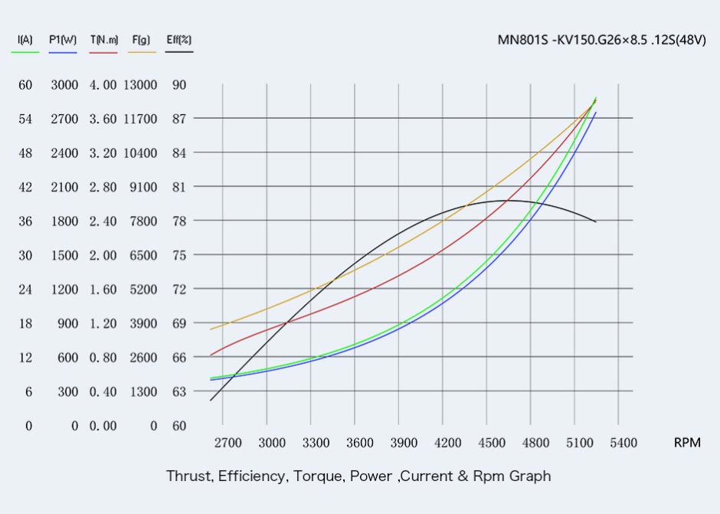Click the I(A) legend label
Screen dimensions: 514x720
(25, 40)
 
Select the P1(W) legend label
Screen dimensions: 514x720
(62, 40)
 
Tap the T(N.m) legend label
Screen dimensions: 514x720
(103, 40)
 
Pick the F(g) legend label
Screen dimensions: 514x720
(141, 40)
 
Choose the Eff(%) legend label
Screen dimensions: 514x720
(179, 40)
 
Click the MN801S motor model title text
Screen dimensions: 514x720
(601, 41)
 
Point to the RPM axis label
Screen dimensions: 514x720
(686, 443)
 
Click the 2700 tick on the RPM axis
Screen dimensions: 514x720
(227, 443)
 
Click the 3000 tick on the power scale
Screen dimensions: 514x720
(64, 85)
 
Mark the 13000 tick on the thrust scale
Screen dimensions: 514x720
(140, 85)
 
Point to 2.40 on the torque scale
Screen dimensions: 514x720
(103, 221)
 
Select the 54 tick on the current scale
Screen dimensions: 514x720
(25, 119)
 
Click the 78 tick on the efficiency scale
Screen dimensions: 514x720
(179, 221)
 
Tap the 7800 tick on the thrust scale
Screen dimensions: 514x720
(143, 221)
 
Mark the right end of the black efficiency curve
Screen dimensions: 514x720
(596, 222)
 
